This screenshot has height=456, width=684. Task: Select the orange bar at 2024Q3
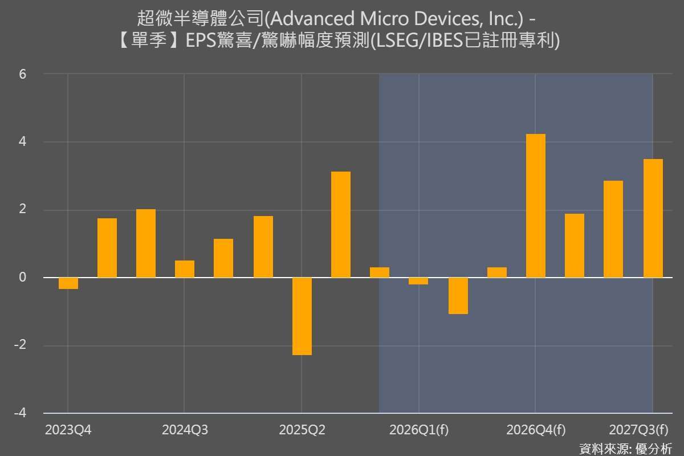point(185,269)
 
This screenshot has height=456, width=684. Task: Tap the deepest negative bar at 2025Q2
point(302,316)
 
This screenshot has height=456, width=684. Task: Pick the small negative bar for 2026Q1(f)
point(418,281)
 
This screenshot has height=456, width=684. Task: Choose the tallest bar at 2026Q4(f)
point(536,206)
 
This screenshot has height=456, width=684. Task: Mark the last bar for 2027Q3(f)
point(653,218)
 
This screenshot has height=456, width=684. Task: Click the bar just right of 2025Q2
point(341,225)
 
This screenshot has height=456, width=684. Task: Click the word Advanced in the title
point(308,19)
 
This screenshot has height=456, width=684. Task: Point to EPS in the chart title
point(199,42)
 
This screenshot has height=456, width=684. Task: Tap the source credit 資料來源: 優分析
point(625,448)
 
